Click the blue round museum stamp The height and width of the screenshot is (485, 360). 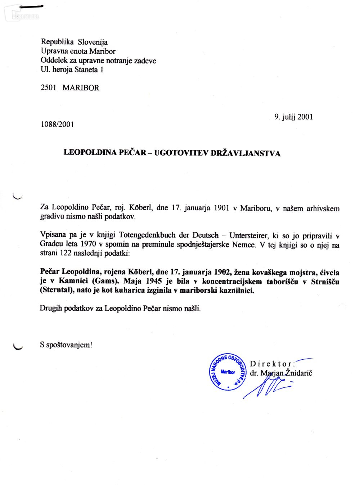228,372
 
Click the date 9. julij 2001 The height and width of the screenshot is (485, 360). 293,117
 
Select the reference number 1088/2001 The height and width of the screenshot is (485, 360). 57,124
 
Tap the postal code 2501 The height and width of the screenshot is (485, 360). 49,87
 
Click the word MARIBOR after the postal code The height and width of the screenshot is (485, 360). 81,87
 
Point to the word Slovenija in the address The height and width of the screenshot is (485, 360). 93,42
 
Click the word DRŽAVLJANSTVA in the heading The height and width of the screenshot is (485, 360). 246,153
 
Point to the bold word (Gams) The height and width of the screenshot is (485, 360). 106,281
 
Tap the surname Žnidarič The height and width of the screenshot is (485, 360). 298,373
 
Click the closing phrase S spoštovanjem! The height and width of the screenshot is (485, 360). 66,345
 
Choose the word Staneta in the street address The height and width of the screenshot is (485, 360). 86,69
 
